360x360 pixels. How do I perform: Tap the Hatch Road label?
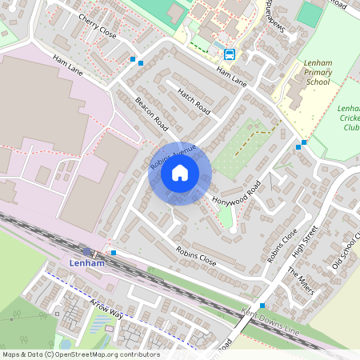[193, 100]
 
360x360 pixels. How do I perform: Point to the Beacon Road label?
[151, 114]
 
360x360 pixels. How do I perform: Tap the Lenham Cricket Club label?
[350, 117]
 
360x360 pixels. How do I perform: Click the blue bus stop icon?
[230, 54]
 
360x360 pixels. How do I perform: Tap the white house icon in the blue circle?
[180, 173]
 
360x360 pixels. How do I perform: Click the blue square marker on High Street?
[262, 306]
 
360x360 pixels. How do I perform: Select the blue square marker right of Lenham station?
[114, 253]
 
